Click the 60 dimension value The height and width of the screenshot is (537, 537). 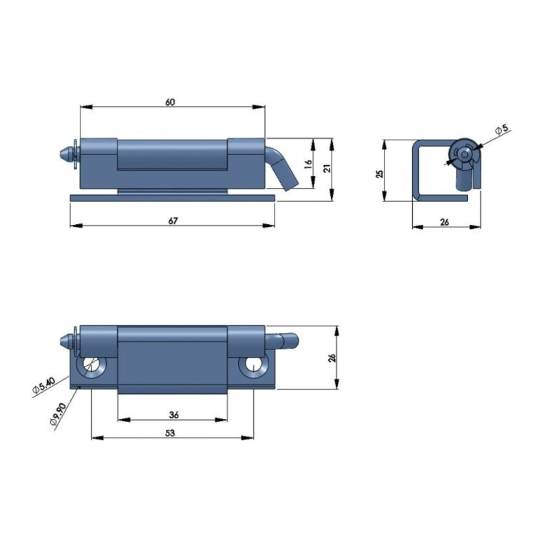coord(170,102)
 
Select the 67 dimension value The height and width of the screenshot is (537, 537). coord(173,221)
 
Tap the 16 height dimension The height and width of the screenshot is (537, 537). coord(308,164)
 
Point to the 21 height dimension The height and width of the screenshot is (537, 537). coord(327,168)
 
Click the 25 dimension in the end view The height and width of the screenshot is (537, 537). coord(379,174)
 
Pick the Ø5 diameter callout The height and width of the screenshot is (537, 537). coord(502,130)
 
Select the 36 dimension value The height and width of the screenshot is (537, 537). coord(174,415)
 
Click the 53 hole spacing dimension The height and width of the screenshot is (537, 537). coord(170,433)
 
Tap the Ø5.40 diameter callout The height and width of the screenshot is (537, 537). coord(44,385)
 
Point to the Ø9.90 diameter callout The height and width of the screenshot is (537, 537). coord(58,414)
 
